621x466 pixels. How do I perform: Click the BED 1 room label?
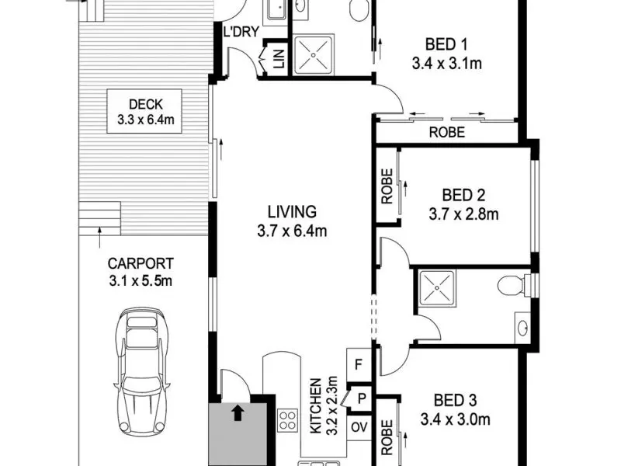tap(446, 44)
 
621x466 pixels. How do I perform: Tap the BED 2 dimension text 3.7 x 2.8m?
tap(463, 214)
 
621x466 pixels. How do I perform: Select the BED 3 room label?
tap(455, 400)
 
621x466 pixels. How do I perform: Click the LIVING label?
tap(293, 212)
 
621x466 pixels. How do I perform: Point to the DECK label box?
tap(144, 111)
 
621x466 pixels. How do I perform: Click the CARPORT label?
tap(141, 263)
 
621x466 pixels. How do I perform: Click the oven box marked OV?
tap(359, 428)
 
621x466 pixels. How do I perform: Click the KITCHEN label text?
tap(315, 405)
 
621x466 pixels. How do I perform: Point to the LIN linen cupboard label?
tap(279, 58)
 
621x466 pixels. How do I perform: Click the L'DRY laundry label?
tap(241, 32)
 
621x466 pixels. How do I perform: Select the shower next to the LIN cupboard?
tap(314, 55)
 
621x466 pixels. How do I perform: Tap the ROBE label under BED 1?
tap(447, 132)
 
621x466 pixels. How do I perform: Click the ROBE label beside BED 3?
tap(387, 437)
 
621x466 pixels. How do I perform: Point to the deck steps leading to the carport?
tap(100, 218)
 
